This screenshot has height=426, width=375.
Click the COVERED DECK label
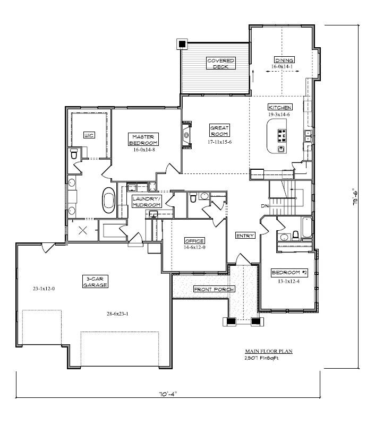pyautogui.click(x=220, y=63)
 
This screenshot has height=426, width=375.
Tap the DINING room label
pyautogui.click(x=284, y=60)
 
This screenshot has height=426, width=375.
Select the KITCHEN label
pyautogui.click(x=280, y=107)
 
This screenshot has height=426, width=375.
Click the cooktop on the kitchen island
pyautogui.click(x=282, y=136)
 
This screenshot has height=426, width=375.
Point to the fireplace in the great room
pyautogui.click(x=187, y=135)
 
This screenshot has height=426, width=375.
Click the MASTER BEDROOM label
pyautogui.click(x=143, y=140)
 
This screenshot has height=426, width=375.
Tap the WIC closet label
pyautogui.click(x=89, y=135)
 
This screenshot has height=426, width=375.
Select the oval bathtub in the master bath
pyautogui.click(x=109, y=201)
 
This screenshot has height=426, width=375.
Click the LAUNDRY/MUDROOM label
pyautogui.click(x=147, y=202)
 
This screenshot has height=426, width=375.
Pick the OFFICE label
pyautogui.click(x=194, y=241)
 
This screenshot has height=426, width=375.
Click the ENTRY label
pyautogui.click(x=245, y=236)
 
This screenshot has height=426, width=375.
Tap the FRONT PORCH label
pyautogui.click(x=214, y=289)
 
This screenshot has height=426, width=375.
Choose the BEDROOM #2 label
pyautogui.click(x=289, y=273)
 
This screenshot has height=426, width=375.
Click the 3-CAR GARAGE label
pyautogui.click(x=95, y=282)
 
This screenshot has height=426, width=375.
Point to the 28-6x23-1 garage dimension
pyautogui.click(x=117, y=314)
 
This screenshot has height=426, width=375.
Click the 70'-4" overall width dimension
pyautogui.click(x=168, y=394)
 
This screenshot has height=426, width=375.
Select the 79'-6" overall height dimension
pyautogui.click(x=355, y=197)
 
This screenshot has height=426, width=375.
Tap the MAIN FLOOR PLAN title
pyautogui.click(x=269, y=351)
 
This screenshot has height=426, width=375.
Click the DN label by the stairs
pyautogui.click(x=265, y=206)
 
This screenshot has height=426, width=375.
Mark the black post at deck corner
pyautogui.click(x=182, y=44)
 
